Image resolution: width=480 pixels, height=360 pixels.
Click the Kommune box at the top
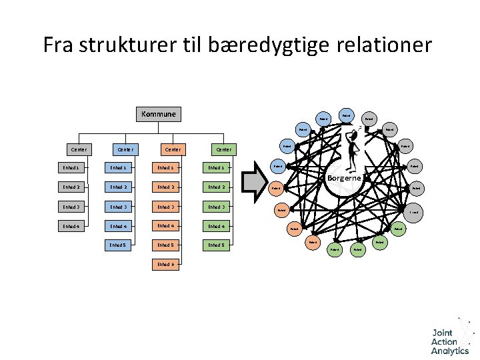[159, 114]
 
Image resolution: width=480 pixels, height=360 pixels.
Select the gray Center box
[77, 149]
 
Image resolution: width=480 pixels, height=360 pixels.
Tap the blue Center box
[125, 149]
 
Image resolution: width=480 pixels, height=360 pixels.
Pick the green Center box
[223, 149]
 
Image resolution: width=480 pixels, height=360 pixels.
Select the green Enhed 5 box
[217, 245]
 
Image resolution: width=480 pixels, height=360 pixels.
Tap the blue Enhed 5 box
[118, 245]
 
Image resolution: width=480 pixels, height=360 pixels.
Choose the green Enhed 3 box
[217, 207]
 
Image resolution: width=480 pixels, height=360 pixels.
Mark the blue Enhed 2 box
[118, 187]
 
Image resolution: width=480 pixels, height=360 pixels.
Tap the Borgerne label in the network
[344, 178]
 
